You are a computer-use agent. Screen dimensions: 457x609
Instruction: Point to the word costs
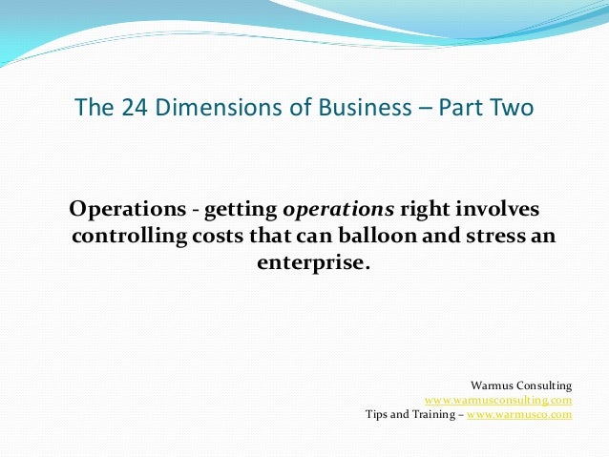point(215,236)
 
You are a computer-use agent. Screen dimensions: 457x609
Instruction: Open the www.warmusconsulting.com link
point(498,401)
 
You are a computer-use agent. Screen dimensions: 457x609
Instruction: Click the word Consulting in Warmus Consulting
point(543,385)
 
